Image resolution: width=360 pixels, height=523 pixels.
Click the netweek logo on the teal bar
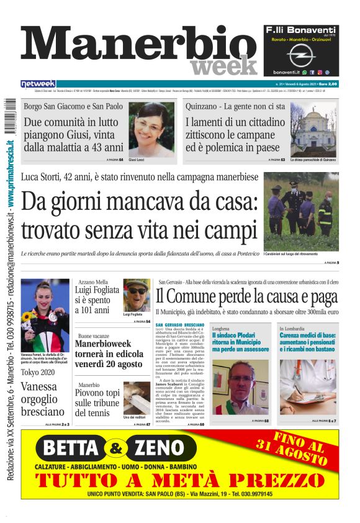[38, 84]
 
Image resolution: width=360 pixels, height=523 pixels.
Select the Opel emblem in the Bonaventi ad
[300, 55]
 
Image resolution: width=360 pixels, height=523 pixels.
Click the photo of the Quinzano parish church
[313, 129]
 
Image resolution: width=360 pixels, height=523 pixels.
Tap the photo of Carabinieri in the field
[301, 212]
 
